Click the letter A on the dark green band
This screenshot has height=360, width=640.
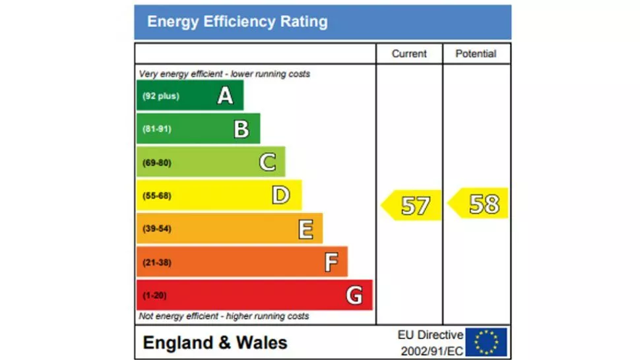point(226,96)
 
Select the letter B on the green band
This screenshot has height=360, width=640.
point(241,129)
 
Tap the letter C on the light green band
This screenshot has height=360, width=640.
point(267,162)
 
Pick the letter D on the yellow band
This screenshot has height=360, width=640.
point(280,195)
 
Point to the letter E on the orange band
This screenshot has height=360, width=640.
point(305,229)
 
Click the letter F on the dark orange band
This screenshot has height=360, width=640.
point(331,262)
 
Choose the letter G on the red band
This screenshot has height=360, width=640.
point(354,295)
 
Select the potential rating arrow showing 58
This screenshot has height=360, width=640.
point(480,204)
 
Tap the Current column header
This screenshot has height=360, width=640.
point(409,54)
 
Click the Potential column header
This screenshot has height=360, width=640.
point(476,54)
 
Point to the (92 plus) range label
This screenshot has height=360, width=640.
point(161,96)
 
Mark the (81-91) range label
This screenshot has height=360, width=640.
point(157,129)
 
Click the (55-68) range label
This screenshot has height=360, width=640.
point(157,196)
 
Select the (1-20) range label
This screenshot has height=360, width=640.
point(155,295)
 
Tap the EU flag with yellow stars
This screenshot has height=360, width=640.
point(486,342)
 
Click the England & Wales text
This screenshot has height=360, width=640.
point(215,343)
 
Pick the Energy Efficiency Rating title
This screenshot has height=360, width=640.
point(238,22)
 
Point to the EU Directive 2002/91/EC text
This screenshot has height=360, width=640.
point(430,343)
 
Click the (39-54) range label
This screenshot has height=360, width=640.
point(157,229)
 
